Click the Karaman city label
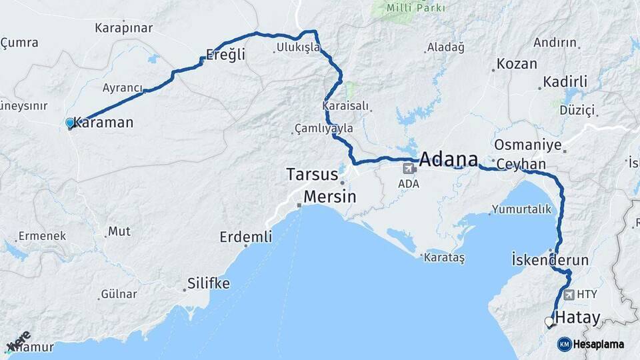(x=103, y=123)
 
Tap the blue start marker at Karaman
(x=70, y=123)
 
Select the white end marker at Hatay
(x=549, y=322)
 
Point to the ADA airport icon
(x=408, y=169)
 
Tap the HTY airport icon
(x=568, y=294)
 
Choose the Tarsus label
(x=312, y=175)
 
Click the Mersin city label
(x=329, y=197)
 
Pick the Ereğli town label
(x=225, y=55)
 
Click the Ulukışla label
(x=298, y=47)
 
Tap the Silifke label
(x=209, y=283)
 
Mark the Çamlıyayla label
(x=325, y=128)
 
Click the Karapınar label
(x=124, y=28)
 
